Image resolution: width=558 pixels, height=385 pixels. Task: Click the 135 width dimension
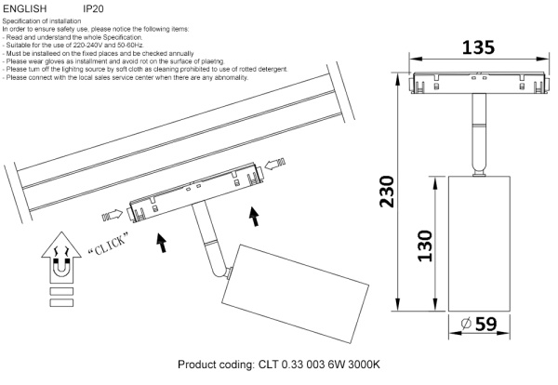(x=471, y=47)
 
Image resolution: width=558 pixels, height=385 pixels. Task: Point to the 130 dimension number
(x=427, y=246)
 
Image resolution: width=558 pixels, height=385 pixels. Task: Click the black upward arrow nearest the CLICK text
(x=162, y=244)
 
